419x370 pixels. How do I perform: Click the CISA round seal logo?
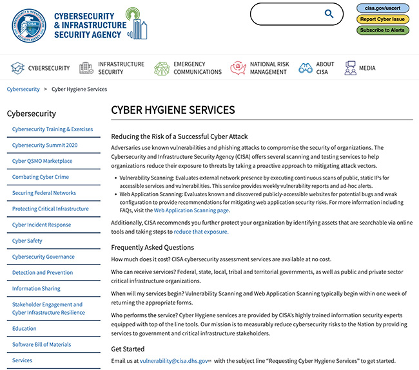pyautogui.click(x=28, y=25)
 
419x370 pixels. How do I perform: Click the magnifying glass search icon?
pyautogui.click(x=329, y=14)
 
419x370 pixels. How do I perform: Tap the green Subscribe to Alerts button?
pyautogui.click(x=382, y=30)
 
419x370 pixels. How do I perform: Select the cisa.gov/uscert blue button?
pyautogui.click(x=382, y=8)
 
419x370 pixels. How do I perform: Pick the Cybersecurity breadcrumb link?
pyautogui.click(x=23, y=89)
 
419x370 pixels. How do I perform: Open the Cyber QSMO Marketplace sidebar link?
pyautogui.click(x=42, y=161)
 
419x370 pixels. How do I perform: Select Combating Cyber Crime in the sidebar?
pyautogui.click(x=41, y=177)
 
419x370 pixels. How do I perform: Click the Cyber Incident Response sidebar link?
pyautogui.click(x=41, y=225)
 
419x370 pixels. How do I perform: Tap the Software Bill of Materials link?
pyautogui.click(x=41, y=345)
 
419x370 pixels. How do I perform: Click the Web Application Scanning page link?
pyautogui.click(x=191, y=210)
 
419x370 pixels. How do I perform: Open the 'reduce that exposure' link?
pyautogui.click(x=200, y=232)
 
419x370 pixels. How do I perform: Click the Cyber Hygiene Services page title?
pyautogui.click(x=173, y=110)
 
